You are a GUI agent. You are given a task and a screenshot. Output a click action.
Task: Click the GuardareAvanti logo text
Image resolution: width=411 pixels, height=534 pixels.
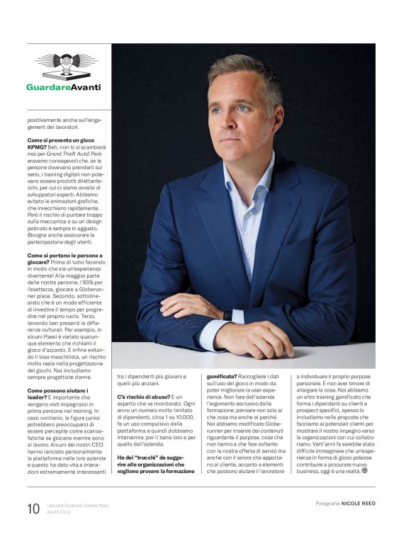click(x=63, y=88)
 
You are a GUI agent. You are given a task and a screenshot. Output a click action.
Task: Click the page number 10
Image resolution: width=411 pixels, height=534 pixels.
click(x=33, y=508)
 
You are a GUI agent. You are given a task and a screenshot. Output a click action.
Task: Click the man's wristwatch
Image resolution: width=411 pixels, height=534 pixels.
click(x=227, y=315)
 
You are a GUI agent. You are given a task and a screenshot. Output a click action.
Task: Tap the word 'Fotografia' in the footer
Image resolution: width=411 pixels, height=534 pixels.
click(x=329, y=504)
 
